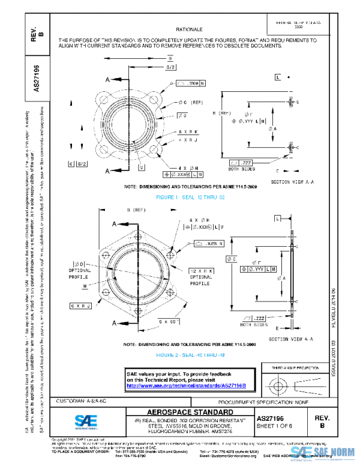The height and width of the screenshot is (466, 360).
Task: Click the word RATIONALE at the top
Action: click(189, 29)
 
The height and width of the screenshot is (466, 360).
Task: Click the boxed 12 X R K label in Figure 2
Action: click(200, 271)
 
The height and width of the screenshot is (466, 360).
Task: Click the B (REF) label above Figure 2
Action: click(136, 210)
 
